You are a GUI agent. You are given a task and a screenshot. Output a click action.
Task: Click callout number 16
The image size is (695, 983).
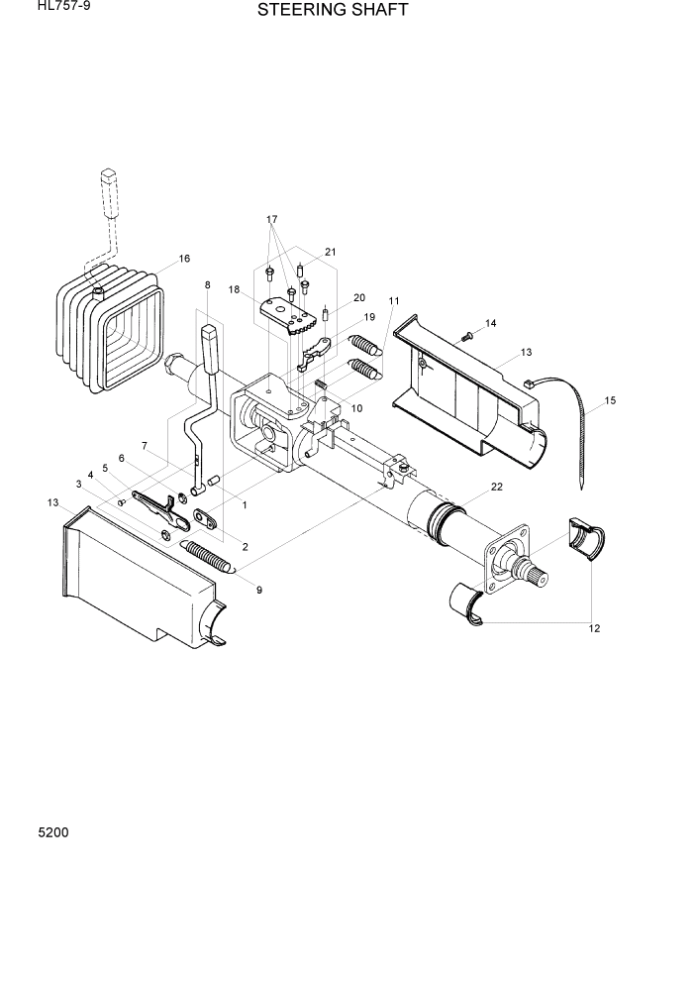click(x=184, y=260)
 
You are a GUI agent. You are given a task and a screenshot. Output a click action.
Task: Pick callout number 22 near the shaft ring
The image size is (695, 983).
click(x=496, y=487)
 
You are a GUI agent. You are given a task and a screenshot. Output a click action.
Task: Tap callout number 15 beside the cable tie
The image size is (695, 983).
click(x=610, y=400)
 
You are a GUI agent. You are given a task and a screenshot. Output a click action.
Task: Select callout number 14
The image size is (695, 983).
click(x=491, y=323)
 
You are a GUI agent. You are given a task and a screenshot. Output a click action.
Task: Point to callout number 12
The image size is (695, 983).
click(x=594, y=628)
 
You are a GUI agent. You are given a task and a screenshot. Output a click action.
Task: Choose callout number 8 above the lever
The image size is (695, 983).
click(x=207, y=285)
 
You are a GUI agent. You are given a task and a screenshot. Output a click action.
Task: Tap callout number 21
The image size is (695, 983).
click(x=331, y=252)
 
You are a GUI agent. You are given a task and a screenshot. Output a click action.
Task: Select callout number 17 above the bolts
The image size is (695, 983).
click(x=272, y=219)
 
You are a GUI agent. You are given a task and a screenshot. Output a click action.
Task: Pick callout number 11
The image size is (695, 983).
click(x=394, y=300)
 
